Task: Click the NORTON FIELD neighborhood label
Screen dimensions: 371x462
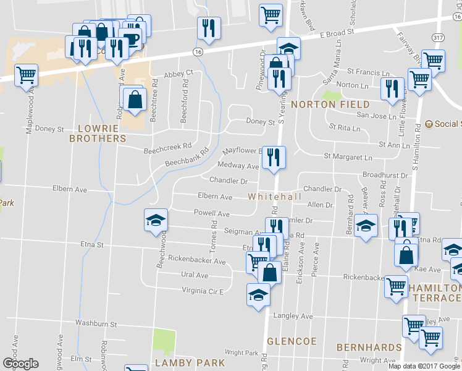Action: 330,104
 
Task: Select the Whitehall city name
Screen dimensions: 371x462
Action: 275,196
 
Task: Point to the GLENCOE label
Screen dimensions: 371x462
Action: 292,341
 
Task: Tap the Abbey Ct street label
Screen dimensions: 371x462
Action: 178,74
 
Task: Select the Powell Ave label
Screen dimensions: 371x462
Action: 212,214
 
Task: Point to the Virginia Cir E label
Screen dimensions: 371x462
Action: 202,290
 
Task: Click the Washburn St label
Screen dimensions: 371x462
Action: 96,323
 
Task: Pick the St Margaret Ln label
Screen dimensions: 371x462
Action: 348,157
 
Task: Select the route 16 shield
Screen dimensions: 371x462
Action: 198,53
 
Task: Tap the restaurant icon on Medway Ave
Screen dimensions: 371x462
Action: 274,157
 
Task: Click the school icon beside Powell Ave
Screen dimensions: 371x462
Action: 156,220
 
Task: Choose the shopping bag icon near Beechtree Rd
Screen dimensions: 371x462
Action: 134,99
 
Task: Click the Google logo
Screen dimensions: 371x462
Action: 20,364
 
